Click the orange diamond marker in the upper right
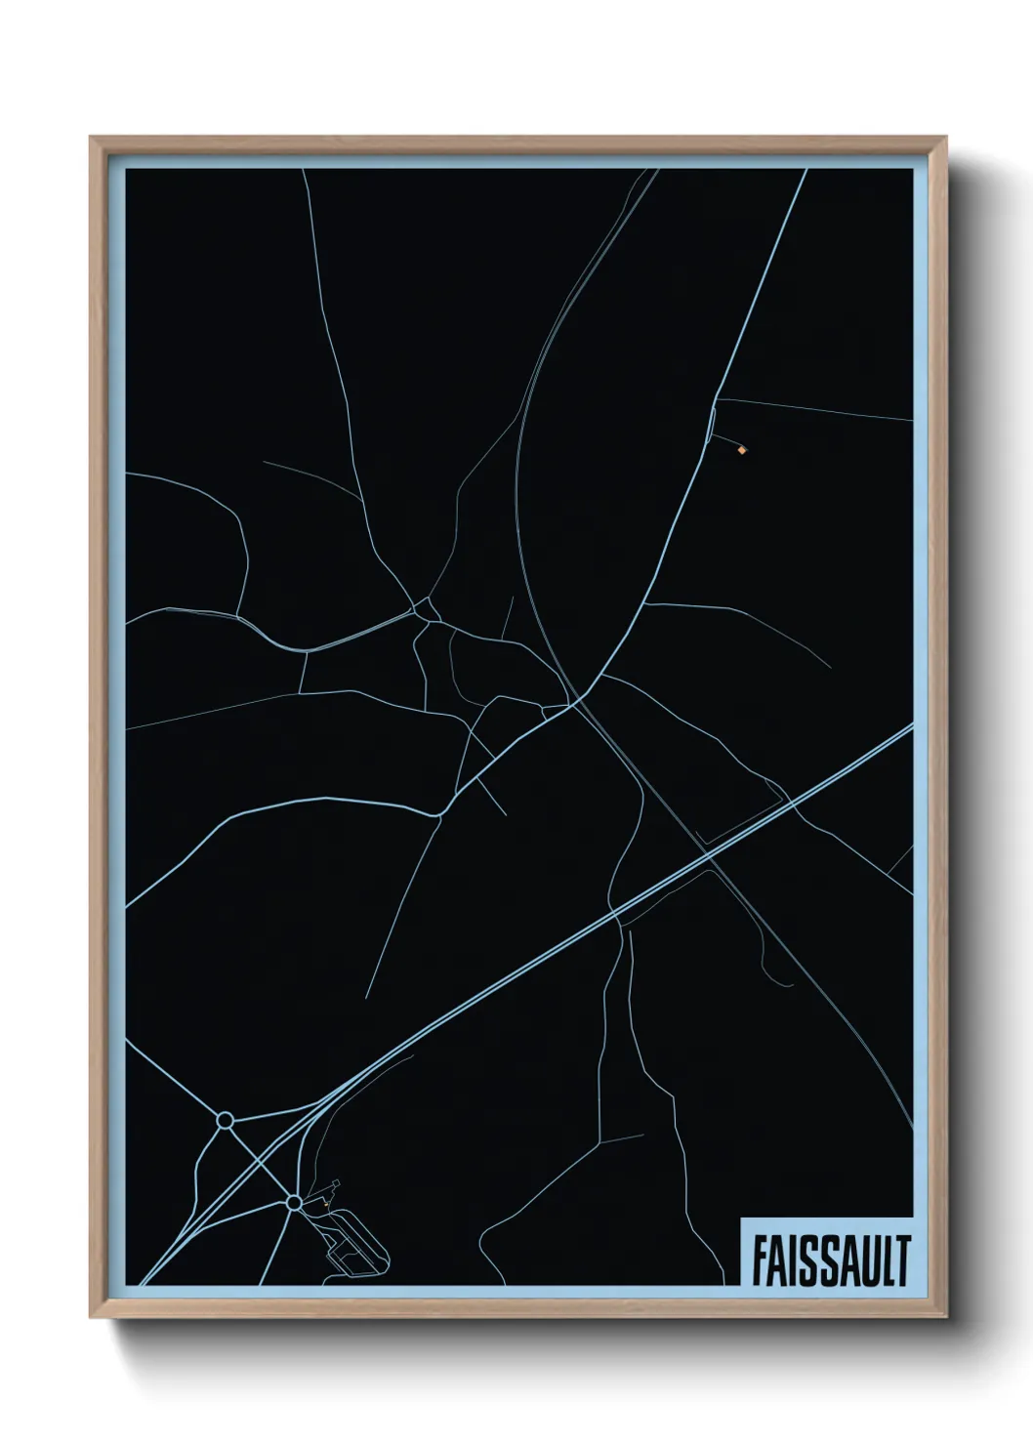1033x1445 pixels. tap(743, 450)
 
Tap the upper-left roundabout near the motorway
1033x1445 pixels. tap(225, 1120)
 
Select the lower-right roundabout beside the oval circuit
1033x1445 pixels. tap(294, 1203)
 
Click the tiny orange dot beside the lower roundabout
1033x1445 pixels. tap(325, 1204)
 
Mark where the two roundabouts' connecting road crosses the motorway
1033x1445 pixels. tap(260, 1161)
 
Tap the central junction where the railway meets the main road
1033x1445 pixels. tap(578, 699)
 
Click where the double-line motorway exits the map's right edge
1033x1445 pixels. tap(912, 726)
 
